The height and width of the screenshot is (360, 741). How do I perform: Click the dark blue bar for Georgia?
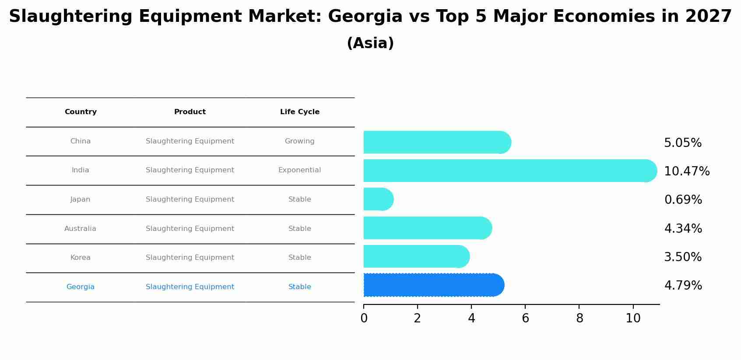[433, 285]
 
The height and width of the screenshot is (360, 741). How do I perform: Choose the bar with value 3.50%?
[416, 256]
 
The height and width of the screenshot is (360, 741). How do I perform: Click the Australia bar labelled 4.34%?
[427, 228]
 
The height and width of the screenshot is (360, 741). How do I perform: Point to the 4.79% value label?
[683, 286]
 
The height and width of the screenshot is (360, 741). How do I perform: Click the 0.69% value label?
[683, 200]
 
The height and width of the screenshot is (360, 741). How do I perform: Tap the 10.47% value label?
[687, 171]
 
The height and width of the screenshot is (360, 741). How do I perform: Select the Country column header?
[81, 112]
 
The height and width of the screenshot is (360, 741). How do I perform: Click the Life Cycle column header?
[300, 112]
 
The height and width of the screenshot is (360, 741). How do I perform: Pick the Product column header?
[190, 112]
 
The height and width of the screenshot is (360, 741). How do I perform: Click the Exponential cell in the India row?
[300, 170]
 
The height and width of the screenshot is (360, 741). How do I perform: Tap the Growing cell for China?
[300, 141]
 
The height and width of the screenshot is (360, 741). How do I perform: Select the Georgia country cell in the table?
[81, 287]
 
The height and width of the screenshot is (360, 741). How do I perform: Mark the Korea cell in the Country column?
[81, 258]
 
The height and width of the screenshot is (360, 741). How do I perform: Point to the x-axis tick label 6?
[525, 318]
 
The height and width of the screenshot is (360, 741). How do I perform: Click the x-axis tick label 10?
[633, 318]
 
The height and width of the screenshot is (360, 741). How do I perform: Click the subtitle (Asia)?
[370, 43]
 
